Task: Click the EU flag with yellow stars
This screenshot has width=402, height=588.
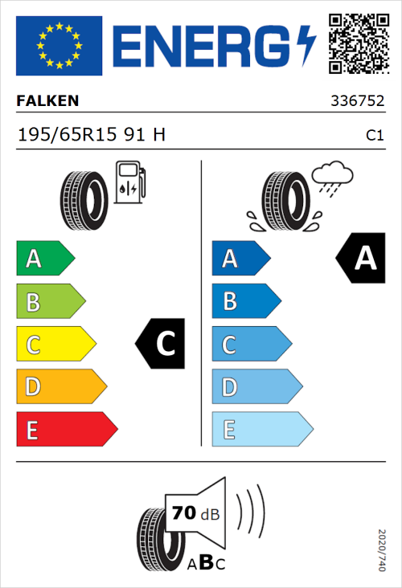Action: click(59, 46)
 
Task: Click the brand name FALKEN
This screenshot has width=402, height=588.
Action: click(48, 101)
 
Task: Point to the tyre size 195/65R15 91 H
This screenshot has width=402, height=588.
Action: click(92, 136)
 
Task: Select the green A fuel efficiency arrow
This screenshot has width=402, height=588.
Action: click(44, 259)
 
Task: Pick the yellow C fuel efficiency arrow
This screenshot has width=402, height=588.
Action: click(55, 345)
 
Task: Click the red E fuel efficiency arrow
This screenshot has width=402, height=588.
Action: click(66, 430)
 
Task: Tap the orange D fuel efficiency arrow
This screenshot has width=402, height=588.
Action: click(60, 387)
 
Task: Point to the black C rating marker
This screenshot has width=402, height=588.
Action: click(161, 345)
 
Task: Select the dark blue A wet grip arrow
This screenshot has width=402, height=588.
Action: click(239, 259)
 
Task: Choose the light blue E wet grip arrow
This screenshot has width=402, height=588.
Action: click(261, 430)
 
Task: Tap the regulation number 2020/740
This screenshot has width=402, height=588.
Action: click(382, 549)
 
